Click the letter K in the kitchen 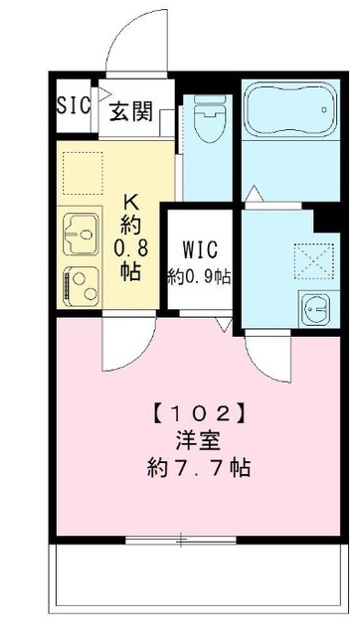130,200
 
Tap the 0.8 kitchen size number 130,244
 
